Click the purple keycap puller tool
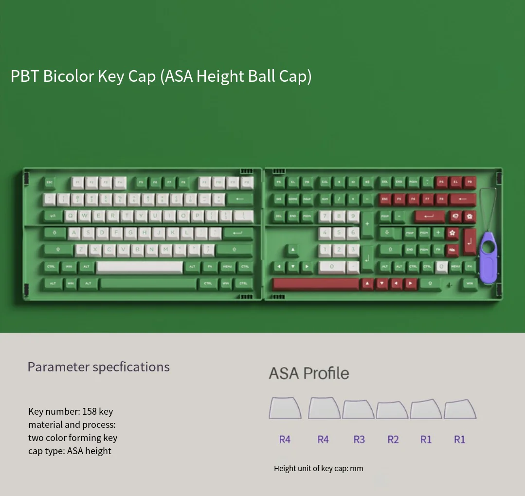[x=489, y=258]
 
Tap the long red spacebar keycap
[x=315, y=283]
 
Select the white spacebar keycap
[x=140, y=267]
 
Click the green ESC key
[x=49, y=183]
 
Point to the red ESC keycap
[x=384, y=200]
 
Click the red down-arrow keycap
[x=381, y=283]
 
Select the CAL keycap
[x=325, y=183]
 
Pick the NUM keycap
[x=325, y=200]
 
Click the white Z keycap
[x=81, y=250]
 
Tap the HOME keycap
[x=293, y=200]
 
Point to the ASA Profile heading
[x=309, y=373]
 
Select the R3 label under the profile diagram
[x=359, y=440]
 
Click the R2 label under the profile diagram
[x=393, y=440]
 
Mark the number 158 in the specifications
[x=89, y=411]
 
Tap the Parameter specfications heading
[x=98, y=367]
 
